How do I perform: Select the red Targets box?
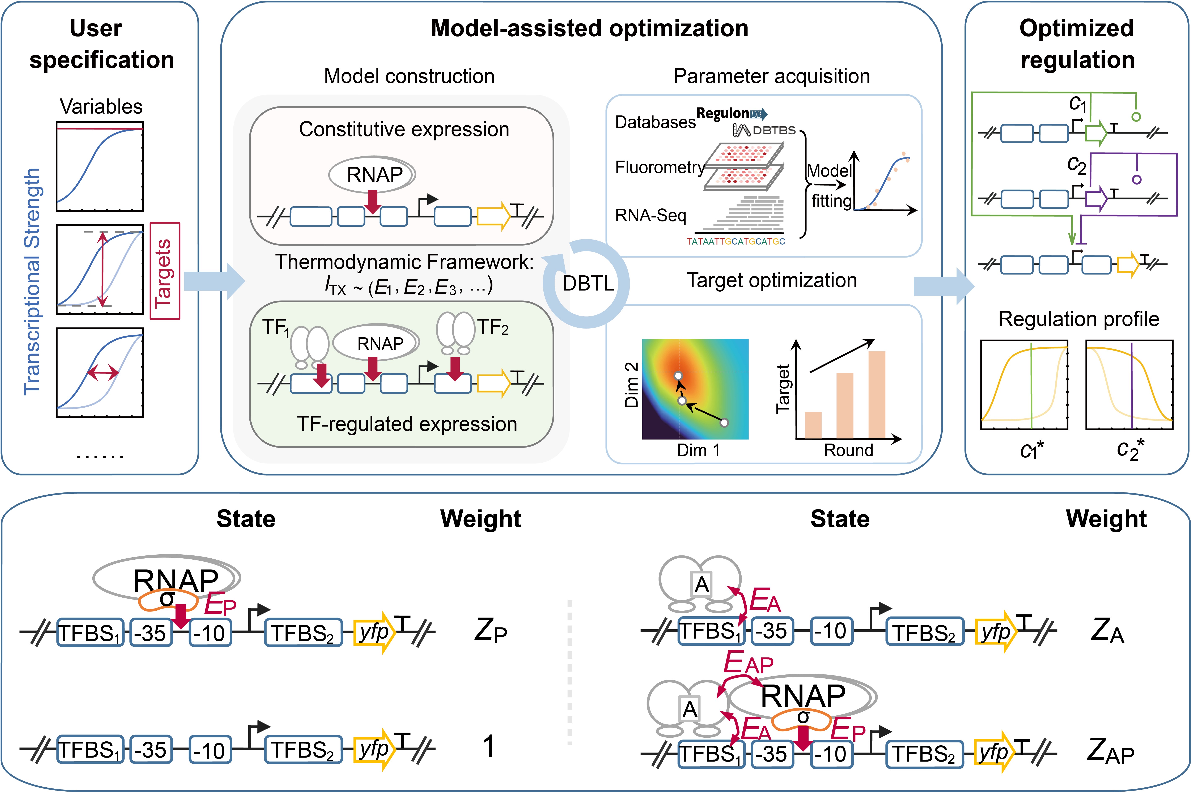click(x=165, y=271)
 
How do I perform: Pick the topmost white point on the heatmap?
click(x=678, y=376)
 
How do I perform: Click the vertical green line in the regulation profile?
click(x=1031, y=385)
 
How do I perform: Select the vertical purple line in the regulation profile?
click(x=1131, y=385)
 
